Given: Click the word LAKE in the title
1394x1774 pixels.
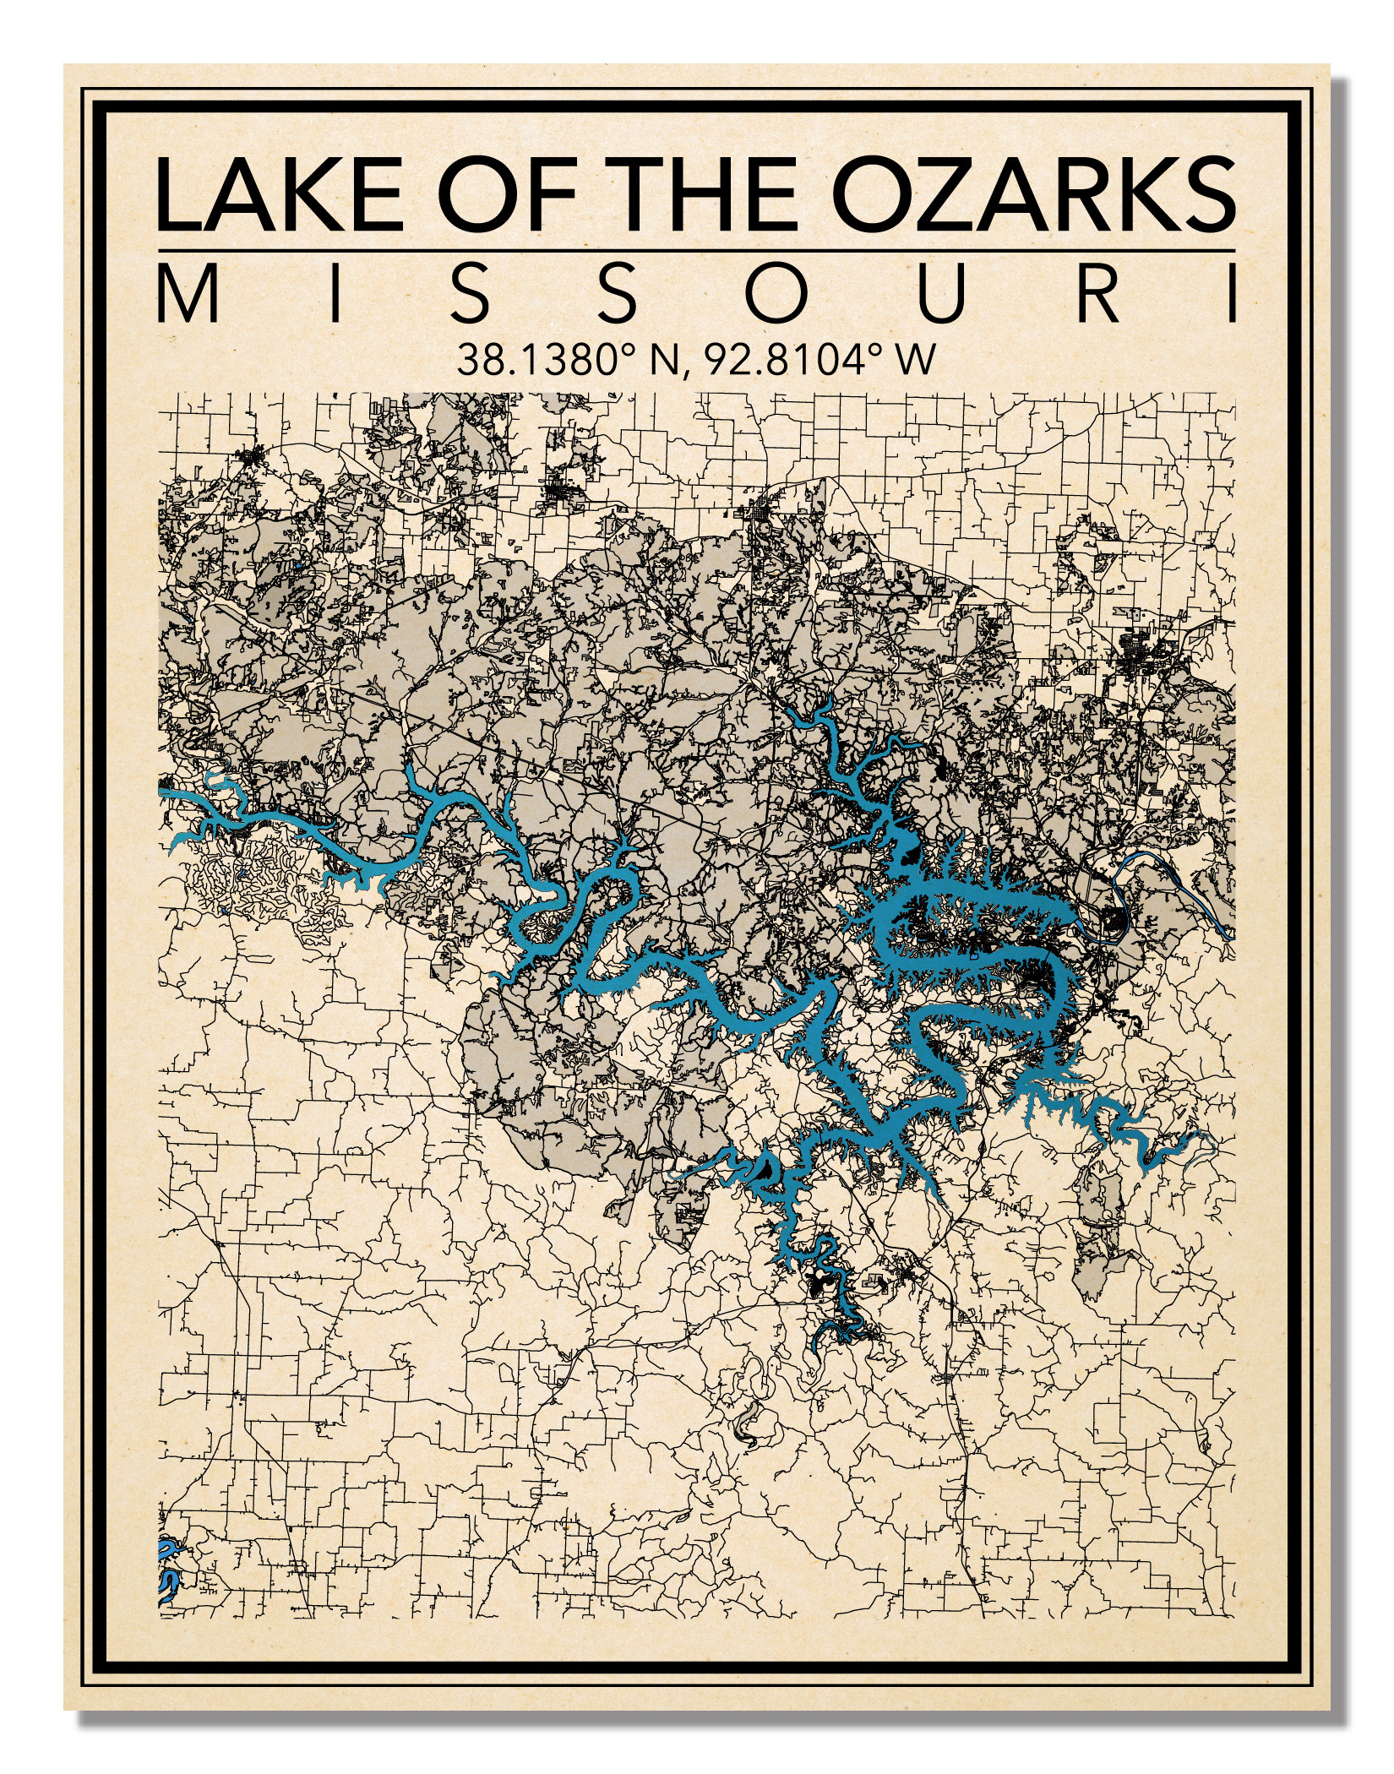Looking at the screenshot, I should tap(279, 194).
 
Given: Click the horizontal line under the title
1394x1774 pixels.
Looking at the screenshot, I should tap(696, 251).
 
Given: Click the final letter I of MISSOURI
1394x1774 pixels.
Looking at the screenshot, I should tap(1230, 295).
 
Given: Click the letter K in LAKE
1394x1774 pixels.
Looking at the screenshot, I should tap(316, 194).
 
